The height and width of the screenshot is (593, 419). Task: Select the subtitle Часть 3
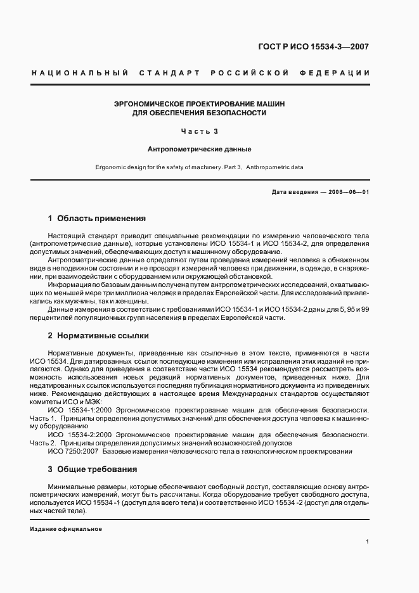click(199, 132)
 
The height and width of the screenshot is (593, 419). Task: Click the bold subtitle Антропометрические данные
click(199, 150)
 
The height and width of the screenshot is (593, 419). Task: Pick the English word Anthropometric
click(268, 168)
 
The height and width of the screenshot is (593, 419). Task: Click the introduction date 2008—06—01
click(347, 192)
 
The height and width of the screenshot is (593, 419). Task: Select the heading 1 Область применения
click(96, 219)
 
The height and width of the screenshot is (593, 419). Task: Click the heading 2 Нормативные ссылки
click(98, 335)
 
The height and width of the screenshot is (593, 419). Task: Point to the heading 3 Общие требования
click(93, 469)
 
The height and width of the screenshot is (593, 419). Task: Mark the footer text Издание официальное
click(66, 528)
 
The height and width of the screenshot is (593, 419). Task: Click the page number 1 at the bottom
click(368, 542)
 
